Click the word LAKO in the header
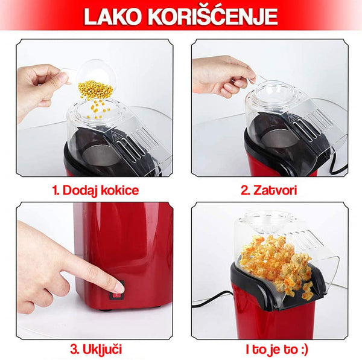[x=112, y=16]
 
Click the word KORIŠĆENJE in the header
[x=212, y=16]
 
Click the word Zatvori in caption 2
[x=275, y=190]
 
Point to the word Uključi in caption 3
[x=102, y=349]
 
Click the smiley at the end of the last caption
[x=304, y=350]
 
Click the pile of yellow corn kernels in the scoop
[x=95, y=89]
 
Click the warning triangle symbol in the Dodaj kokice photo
[x=114, y=134]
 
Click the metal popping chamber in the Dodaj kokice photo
[x=101, y=155]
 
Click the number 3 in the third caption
[x=74, y=349]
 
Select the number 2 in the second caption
[x=245, y=190]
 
